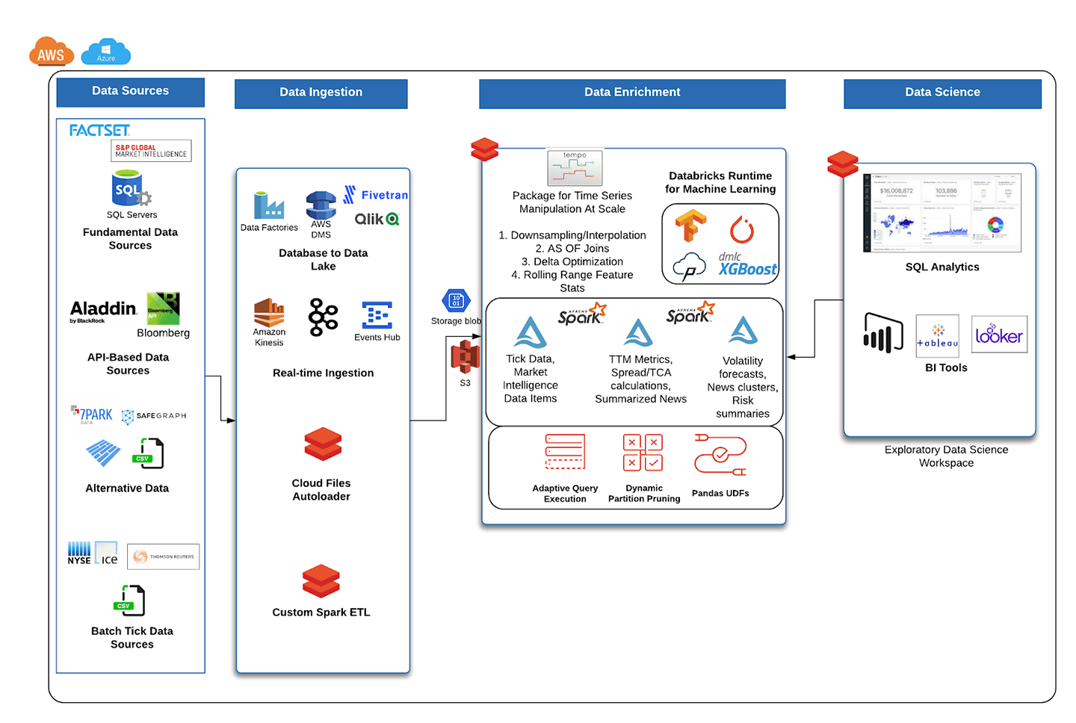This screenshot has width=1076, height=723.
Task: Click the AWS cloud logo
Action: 51,53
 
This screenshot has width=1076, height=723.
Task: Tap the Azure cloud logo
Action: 105,52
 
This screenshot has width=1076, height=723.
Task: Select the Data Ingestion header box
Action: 321,93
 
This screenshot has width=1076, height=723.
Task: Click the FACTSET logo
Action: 99,131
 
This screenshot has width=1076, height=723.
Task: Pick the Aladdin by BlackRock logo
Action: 103,311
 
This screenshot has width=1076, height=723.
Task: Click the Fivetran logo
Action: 376,195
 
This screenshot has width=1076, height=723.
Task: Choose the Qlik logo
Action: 377,219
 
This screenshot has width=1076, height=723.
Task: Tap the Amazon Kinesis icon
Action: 269,312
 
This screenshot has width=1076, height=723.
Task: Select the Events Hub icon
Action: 377,316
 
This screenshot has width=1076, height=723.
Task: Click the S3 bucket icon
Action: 465,358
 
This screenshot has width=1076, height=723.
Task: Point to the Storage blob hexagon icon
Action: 456,301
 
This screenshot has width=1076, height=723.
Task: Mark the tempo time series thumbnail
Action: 574,168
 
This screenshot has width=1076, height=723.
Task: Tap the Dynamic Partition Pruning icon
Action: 643,453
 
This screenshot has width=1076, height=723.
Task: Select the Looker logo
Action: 999,335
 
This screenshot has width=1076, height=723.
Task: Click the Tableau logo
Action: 937,336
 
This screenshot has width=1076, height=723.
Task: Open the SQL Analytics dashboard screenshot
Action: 942,213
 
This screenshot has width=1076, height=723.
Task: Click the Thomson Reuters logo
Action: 164,556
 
